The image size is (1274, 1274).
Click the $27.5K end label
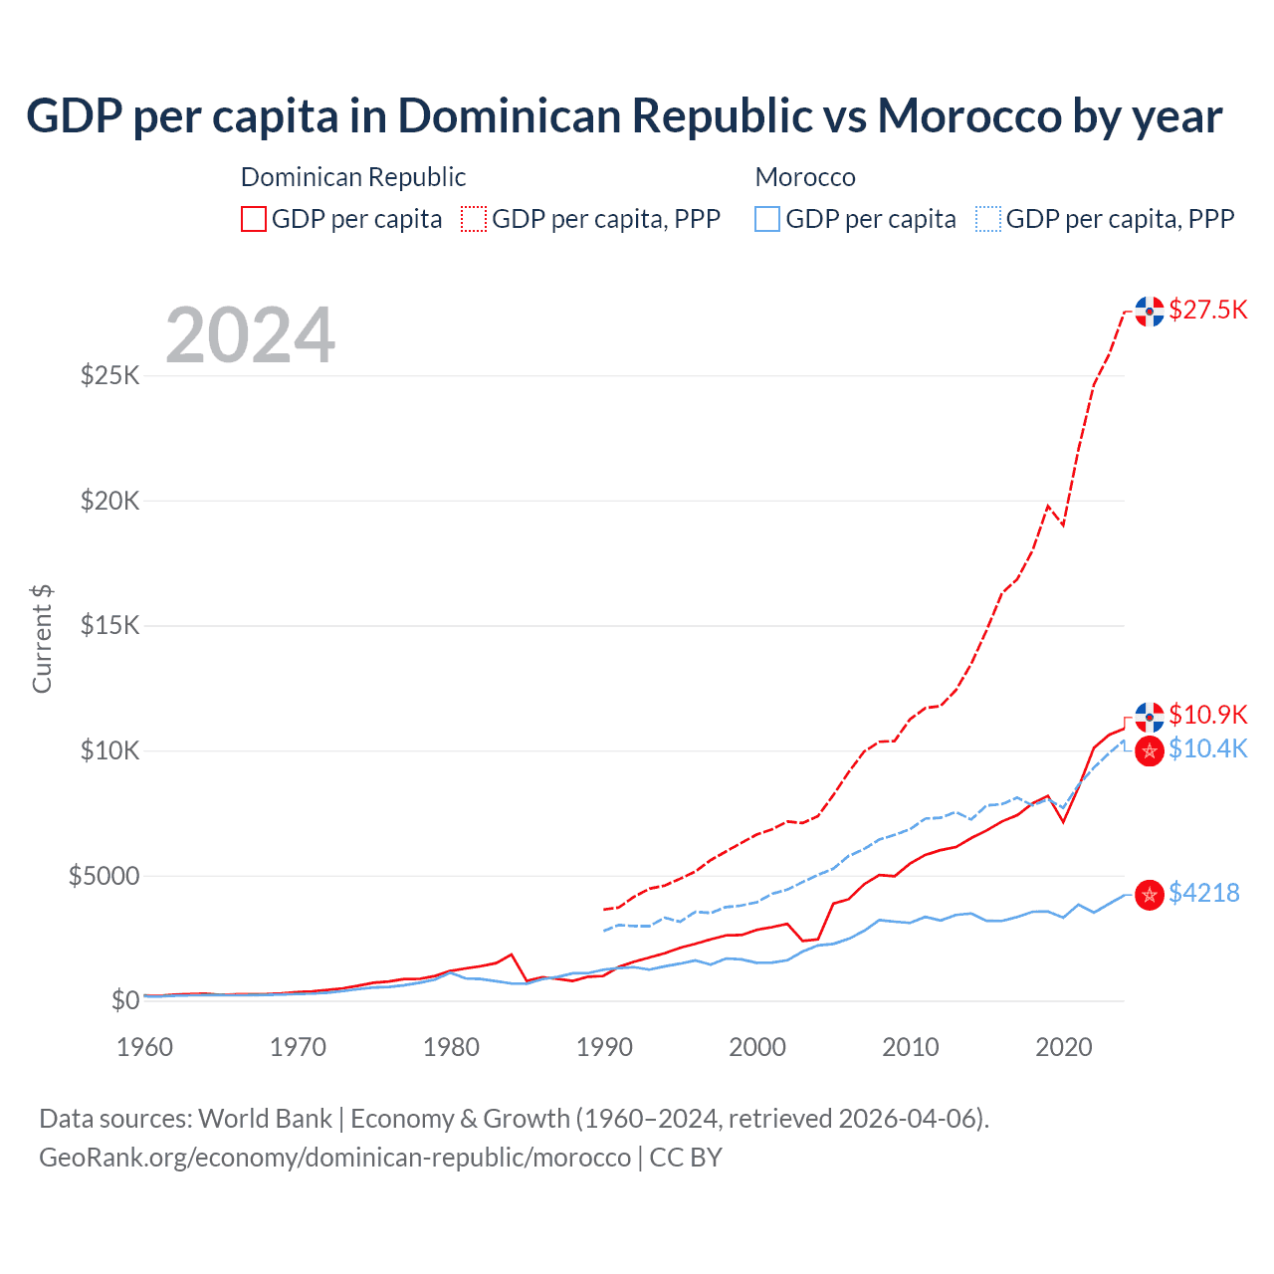tap(1207, 310)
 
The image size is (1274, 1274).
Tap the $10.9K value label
tap(1207, 715)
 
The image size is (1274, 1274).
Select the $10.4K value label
tap(1207, 748)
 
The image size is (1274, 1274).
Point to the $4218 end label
tap(1203, 893)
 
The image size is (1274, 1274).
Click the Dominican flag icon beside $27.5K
tap(1150, 312)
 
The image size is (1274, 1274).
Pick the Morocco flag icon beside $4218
tap(1150, 895)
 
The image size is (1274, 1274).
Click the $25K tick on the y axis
tap(109, 375)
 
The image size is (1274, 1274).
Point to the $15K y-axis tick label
tap(109, 625)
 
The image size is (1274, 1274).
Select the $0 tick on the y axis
tap(124, 1000)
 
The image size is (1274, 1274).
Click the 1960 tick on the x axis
tap(144, 1047)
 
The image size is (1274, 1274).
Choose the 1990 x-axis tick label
tap(604, 1047)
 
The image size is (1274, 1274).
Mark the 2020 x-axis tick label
tap(1064, 1047)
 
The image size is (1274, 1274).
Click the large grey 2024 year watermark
tap(250, 335)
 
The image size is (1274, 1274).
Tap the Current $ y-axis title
tap(42, 638)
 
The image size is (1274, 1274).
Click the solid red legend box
tap(254, 219)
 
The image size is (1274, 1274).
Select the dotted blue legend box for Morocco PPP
tap(988, 219)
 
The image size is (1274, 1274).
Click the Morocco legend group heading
tap(805, 177)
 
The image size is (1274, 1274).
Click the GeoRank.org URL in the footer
tap(334, 1158)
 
